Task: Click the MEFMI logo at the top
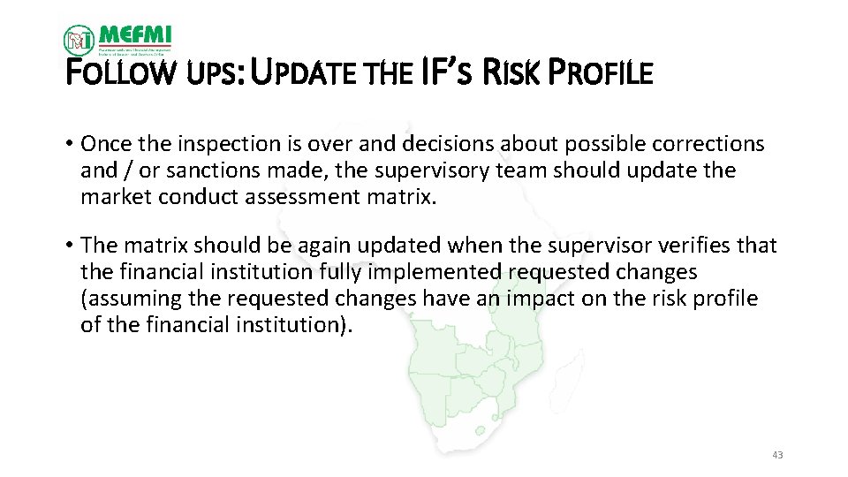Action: pos(117,39)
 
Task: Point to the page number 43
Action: pos(777,455)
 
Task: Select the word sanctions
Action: pos(201,170)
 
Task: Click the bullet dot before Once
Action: pos(69,144)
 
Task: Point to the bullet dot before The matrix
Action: pos(69,245)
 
